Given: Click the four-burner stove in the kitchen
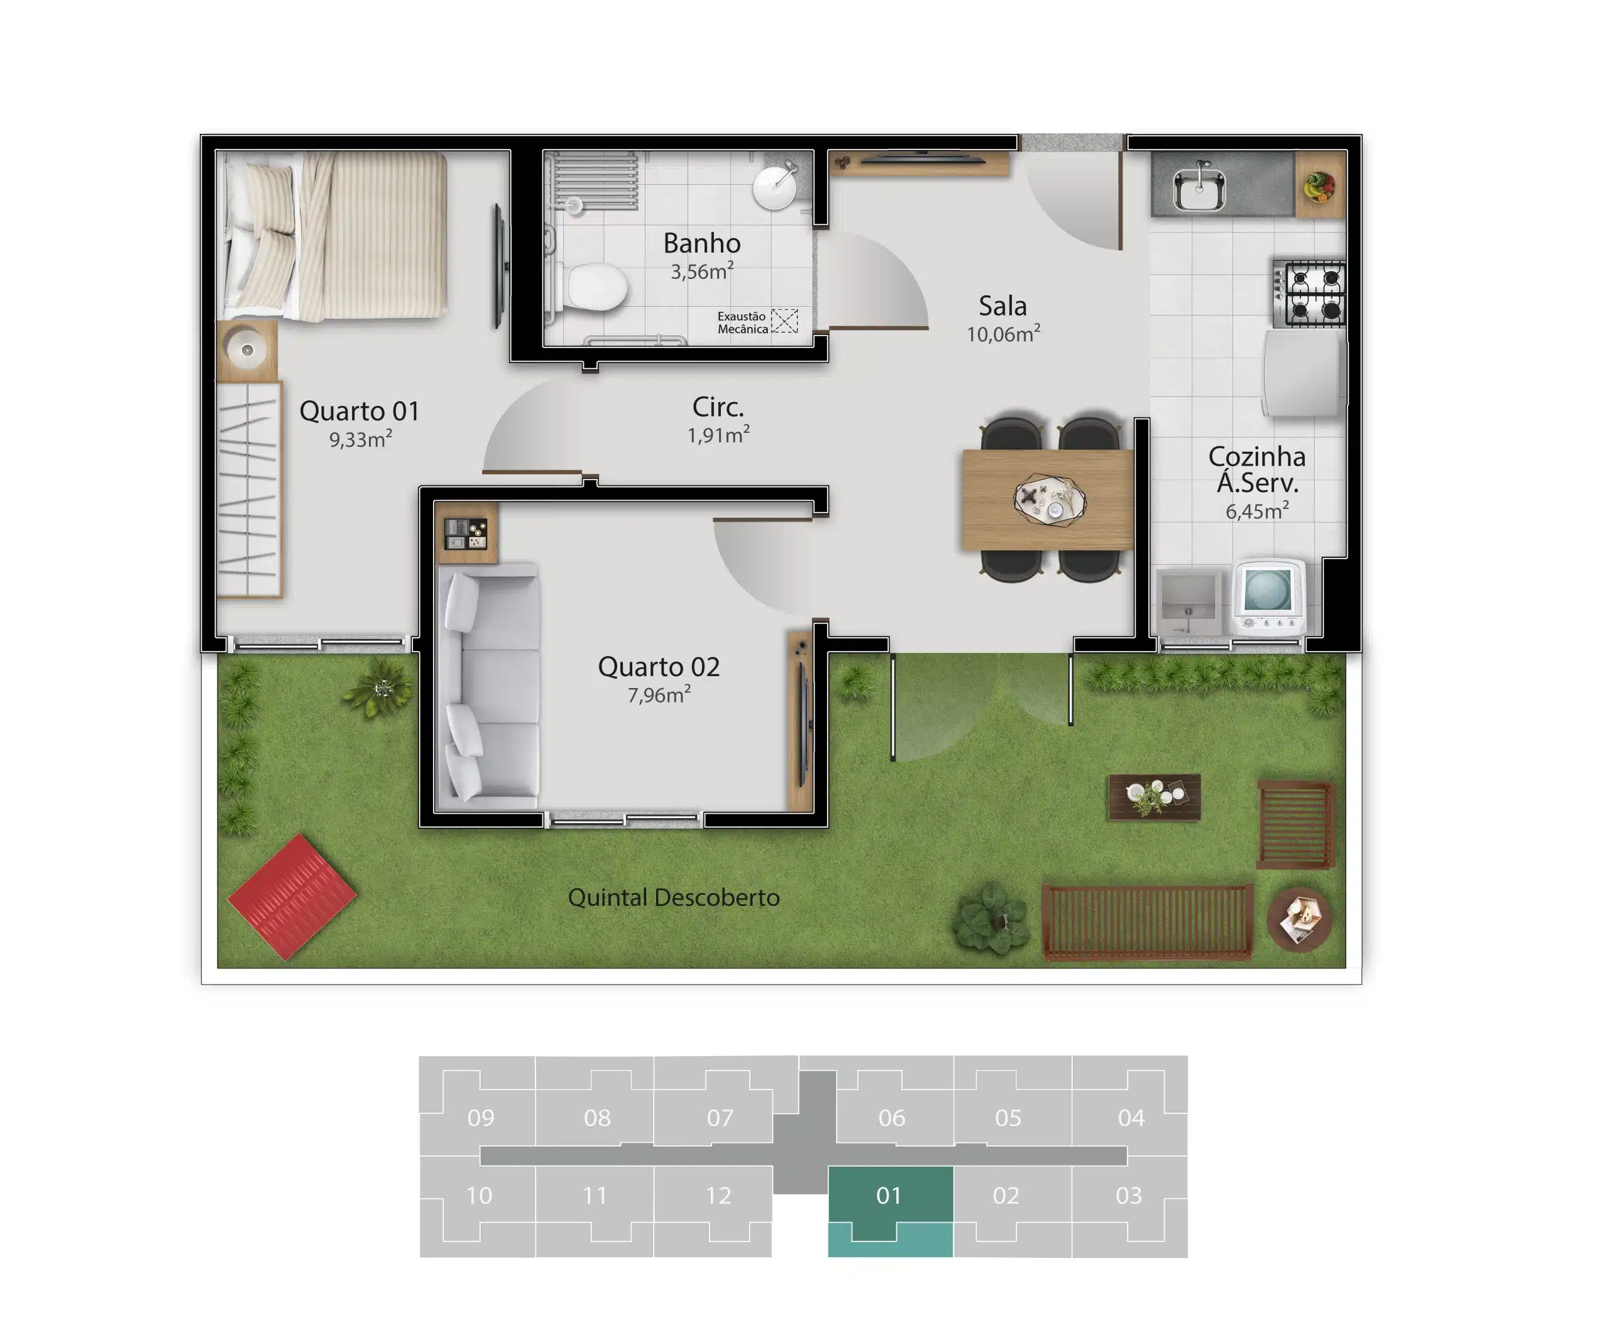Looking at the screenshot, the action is tap(1308, 293).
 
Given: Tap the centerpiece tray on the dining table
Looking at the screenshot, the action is tap(1048, 500).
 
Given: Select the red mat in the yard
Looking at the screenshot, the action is tap(292, 896).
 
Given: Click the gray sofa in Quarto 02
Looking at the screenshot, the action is tap(488, 686).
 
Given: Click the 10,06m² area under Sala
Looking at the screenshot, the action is tap(1002, 333).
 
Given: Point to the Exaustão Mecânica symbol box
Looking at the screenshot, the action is tap(784, 321).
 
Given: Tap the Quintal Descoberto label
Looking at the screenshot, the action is tap(674, 897).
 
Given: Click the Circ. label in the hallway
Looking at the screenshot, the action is tap(717, 407).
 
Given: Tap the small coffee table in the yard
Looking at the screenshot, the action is tap(1154, 797).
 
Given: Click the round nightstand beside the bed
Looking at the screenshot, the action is tap(246, 350).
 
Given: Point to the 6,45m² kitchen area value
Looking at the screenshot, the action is tap(1256, 511).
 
